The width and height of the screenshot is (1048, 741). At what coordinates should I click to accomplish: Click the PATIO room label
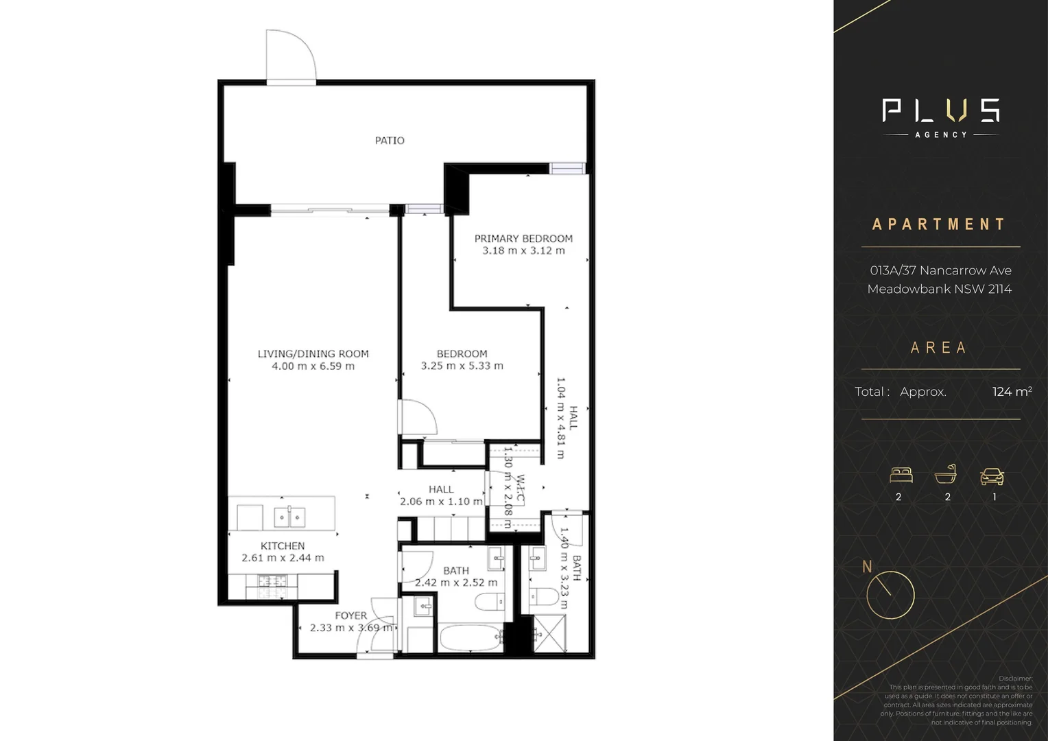pos(390,141)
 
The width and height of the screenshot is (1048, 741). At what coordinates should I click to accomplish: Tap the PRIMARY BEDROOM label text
pos(523,239)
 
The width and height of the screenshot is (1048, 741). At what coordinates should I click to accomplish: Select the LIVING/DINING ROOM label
pos(313,354)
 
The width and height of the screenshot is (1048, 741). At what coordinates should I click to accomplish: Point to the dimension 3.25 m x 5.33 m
pos(462,366)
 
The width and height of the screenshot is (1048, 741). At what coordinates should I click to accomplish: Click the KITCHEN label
pos(283,546)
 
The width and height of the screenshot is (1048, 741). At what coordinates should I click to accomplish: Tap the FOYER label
pos(350,616)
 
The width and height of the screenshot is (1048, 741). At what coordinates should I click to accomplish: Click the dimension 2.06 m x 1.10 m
pos(441,502)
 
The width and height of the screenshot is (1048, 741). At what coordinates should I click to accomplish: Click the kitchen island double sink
pos(289,516)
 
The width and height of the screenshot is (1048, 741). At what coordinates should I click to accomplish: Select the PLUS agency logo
pos(940,117)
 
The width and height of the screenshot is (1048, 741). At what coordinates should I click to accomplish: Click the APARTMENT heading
pos(939,224)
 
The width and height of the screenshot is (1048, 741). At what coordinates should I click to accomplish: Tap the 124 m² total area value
pos(1012,392)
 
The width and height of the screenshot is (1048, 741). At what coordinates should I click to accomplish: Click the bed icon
pos(901,475)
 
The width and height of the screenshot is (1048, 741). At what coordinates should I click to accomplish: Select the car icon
pos(992,475)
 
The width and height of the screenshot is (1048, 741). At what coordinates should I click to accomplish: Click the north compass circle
pos(890,595)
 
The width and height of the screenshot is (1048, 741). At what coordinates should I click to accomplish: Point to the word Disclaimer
pos(1015,679)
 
